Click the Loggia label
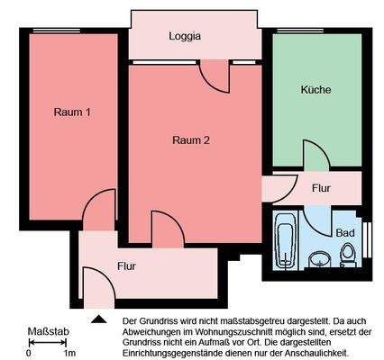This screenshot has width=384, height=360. pyautogui.click(x=185, y=37)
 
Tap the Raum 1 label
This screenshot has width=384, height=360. pyautogui.click(x=72, y=112)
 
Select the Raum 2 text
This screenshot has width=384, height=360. pyautogui.click(x=191, y=139)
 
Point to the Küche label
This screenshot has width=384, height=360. pyautogui.click(x=315, y=90)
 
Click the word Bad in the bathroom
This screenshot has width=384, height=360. pyautogui.click(x=344, y=232)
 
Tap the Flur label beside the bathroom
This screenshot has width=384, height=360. pyautogui.click(x=321, y=189)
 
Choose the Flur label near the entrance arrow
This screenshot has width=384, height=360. pyautogui.click(x=127, y=266)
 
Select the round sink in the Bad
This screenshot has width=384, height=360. pyautogui.click(x=317, y=260)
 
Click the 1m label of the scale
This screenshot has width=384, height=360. pyautogui.click(x=69, y=353)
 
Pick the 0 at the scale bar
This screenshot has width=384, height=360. pyautogui.click(x=29, y=353)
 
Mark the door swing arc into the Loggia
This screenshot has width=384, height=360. pyautogui.click(x=216, y=79)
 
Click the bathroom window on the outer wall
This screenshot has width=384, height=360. pyautogui.click(x=368, y=238)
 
